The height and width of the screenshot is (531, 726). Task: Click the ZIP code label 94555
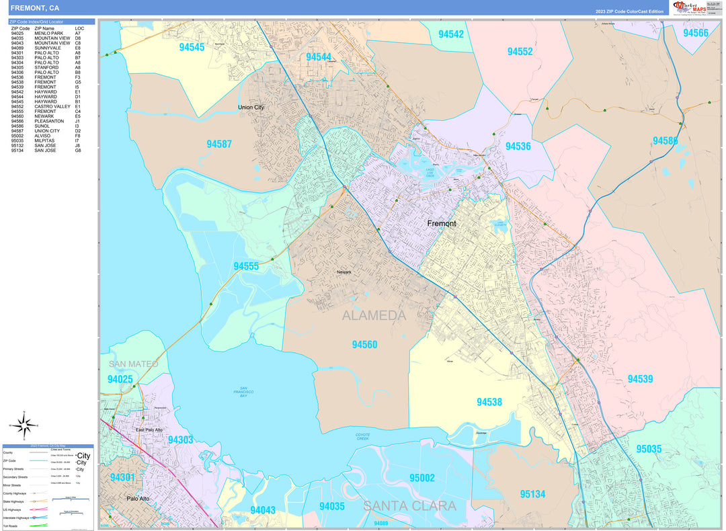(246, 266)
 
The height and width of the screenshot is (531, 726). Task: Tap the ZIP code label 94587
(219, 144)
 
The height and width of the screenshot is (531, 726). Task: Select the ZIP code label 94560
(364, 345)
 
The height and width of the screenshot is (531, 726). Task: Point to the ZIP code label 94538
(489, 402)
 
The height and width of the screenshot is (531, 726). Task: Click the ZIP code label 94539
(640, 379)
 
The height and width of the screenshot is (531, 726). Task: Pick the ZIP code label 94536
(518, 146)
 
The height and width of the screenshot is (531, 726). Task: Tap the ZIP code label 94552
(520, 52)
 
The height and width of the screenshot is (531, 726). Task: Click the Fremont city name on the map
(442, 223)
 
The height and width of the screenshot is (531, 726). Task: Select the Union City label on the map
(251, 108)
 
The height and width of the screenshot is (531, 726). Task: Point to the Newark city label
(344, 272)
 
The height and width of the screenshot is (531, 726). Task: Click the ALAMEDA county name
(374, 316)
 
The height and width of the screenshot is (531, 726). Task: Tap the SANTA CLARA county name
(410, 506)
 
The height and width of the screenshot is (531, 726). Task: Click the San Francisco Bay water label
(245, 393)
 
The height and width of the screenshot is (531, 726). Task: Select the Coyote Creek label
(363, 437)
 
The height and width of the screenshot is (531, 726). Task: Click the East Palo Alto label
(149, 430)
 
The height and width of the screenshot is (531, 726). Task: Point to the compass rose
(24, 425)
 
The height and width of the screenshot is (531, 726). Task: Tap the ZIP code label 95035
(649, 449)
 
